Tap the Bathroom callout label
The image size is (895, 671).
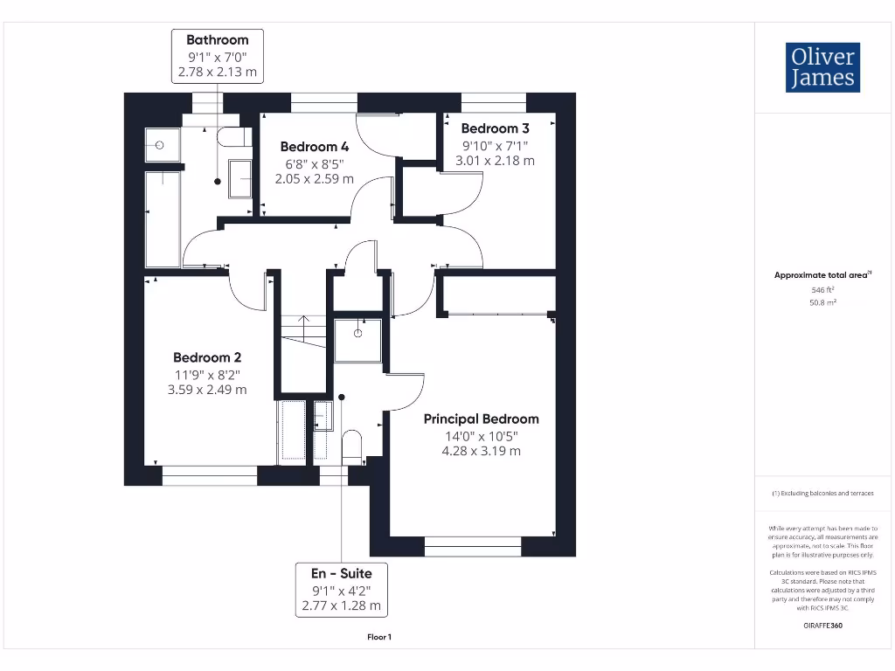[x=217, y=56]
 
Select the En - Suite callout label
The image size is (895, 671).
[x=341, y=589]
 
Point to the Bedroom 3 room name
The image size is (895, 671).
[x=495, y=128]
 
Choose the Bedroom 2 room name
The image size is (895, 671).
[x=207, y=357]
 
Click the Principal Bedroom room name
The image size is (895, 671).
[x=481, y=419]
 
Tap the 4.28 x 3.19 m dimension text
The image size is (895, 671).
[x=481, y=451]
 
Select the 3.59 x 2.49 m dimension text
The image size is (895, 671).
[x=207, y=390]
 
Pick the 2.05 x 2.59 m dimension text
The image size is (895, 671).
[x=314, y=179]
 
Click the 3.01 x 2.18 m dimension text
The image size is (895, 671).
[x=495, y=161]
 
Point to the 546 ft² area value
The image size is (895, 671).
[x=822, y=289]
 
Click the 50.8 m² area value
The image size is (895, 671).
[x=822, y=302]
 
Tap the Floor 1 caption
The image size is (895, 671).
[x=379, y=637]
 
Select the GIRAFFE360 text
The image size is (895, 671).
[x=822, y=626]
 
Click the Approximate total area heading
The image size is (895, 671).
[x=822, y=275]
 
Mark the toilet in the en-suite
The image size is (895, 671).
[x=352, y=445]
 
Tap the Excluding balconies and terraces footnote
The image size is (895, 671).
[x=822, y=494]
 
